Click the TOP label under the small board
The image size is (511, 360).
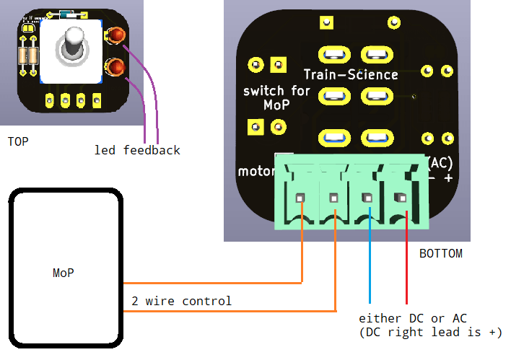(18, 141)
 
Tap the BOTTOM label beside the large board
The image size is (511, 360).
(440, 254)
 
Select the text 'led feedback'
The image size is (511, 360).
(137, 150)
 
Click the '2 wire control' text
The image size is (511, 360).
(181, 301)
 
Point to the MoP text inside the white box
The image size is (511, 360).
(63, 273)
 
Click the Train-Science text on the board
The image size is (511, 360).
(350, 74)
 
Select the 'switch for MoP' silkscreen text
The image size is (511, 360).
(276, 97)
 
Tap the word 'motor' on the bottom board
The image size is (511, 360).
(256, 172)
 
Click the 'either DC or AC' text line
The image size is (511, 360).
(417, 318)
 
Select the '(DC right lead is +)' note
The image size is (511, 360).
(430, 332)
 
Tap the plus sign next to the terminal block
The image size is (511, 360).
(448, 177)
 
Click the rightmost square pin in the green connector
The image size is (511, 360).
(398, 196)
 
